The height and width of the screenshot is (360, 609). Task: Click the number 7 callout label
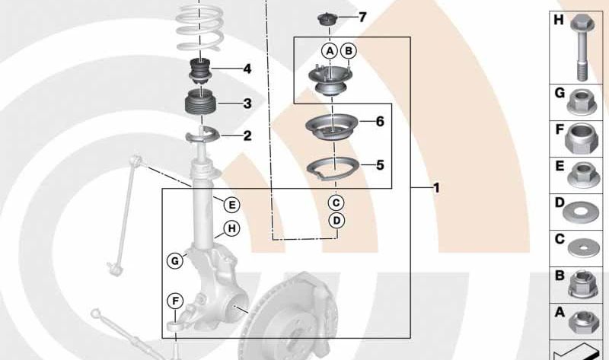tap(362, 17)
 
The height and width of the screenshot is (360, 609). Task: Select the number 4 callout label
tap(247, 69)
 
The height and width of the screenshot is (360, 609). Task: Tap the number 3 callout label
tap(247, 103)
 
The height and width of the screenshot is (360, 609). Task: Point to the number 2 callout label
tap(247, 136)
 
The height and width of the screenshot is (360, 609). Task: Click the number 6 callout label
tap(380, 122)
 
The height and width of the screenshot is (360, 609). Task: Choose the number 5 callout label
tap(380, 164)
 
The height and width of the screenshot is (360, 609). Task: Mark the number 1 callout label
tap(436, 187)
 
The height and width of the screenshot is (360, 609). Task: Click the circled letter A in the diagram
tap(329, 51)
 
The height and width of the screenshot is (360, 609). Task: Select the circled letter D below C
tap(336, 221)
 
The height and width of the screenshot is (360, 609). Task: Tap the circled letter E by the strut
tap(231, 203)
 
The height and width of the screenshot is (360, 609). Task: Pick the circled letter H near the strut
tap(231, 228)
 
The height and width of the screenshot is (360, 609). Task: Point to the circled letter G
tap(175, 261)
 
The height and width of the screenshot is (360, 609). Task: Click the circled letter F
tap(175, 302)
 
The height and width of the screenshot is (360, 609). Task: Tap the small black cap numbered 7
tap(327, 18)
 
